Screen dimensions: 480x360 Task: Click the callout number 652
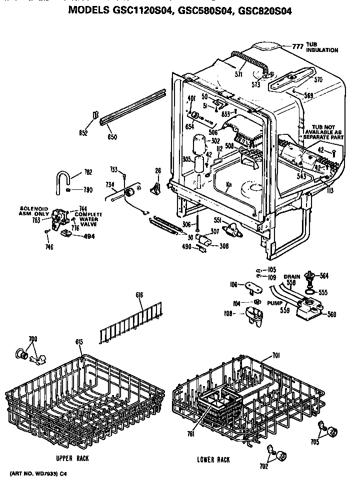[83, 133]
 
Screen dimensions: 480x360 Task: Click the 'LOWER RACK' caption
[213, 460]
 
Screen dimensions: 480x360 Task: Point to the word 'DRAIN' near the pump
[291, 276]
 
